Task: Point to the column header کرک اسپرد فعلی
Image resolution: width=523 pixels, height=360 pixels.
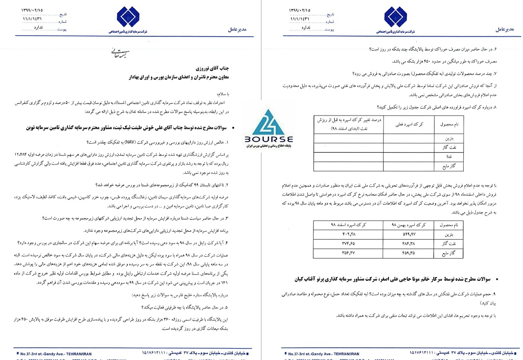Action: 408,123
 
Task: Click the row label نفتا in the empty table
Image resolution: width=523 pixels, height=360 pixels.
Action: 441,156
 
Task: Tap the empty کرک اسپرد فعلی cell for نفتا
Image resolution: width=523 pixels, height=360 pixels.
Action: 408,156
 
